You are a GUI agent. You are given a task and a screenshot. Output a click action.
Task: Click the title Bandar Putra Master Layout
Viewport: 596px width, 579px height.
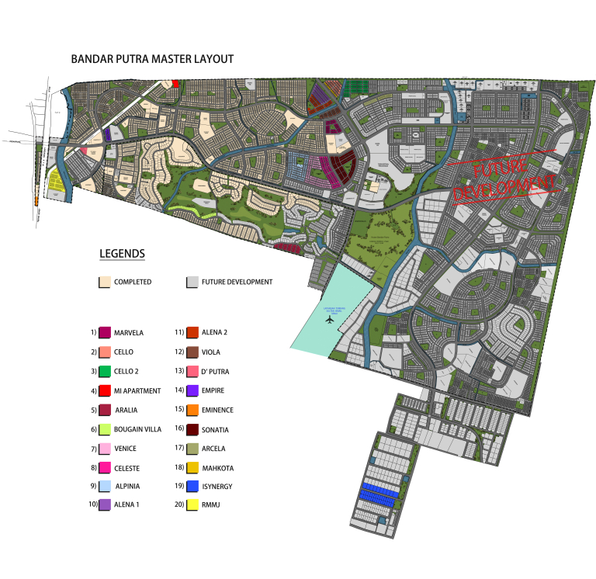152,59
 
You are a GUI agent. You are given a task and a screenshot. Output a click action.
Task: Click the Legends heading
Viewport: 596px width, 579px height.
122,254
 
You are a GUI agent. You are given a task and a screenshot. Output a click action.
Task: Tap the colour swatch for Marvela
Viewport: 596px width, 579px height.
105,332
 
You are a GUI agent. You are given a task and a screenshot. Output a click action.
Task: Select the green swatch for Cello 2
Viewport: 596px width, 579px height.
105,371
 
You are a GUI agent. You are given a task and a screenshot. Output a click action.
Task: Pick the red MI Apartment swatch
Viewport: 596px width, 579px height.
105,390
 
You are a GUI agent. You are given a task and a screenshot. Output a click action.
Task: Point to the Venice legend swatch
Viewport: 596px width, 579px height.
105,449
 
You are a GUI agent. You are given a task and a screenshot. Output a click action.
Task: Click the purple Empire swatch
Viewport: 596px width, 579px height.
191,390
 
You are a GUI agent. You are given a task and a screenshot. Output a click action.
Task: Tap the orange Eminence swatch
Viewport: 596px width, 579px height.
191,410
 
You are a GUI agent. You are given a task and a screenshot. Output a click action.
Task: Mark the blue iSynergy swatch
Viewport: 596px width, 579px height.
191,487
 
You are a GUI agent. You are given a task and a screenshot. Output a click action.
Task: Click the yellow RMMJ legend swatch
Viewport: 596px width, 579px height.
191,505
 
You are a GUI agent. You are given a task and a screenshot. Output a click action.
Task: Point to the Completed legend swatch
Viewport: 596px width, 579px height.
105,282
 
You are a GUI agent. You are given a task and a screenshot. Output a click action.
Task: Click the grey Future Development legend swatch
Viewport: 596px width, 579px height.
192,282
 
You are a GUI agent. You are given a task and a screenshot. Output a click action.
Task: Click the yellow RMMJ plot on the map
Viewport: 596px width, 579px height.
56,182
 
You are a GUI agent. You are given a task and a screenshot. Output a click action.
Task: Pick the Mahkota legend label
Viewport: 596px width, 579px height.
217,468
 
